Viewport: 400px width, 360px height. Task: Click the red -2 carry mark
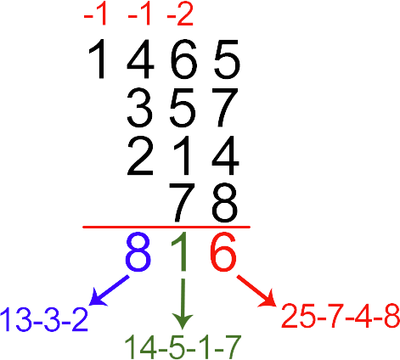click(x=180, y=15)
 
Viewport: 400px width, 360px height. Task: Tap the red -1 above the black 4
click(x=139, y=15)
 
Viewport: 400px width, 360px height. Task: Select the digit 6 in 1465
click(x=183, y=59)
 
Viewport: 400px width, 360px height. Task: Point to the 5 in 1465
click(x=227, y=59)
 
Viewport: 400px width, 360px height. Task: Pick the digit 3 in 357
click(x=140, y=107)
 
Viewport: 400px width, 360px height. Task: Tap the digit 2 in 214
click(x=140, y=155)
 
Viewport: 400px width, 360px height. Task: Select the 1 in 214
click(x=182, y=155)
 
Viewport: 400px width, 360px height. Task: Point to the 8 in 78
click(x=225, y=203)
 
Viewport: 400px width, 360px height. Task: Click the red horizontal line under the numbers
click(x=166, y=227)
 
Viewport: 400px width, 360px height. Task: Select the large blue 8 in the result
click(x=138, y=252)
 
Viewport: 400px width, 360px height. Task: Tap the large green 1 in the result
click(x=181, y=252)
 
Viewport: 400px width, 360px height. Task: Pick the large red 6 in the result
click(x=223, y=252)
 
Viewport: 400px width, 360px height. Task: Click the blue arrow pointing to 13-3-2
click(x=109, y=290)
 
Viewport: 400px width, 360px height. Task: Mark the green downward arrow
click(x=183, y=304)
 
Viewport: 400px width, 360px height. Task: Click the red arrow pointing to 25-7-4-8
click(x=256, y=290)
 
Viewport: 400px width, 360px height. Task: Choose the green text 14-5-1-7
click(x=183, y=347)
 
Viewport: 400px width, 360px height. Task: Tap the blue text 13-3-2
click(x=44, y=319)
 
